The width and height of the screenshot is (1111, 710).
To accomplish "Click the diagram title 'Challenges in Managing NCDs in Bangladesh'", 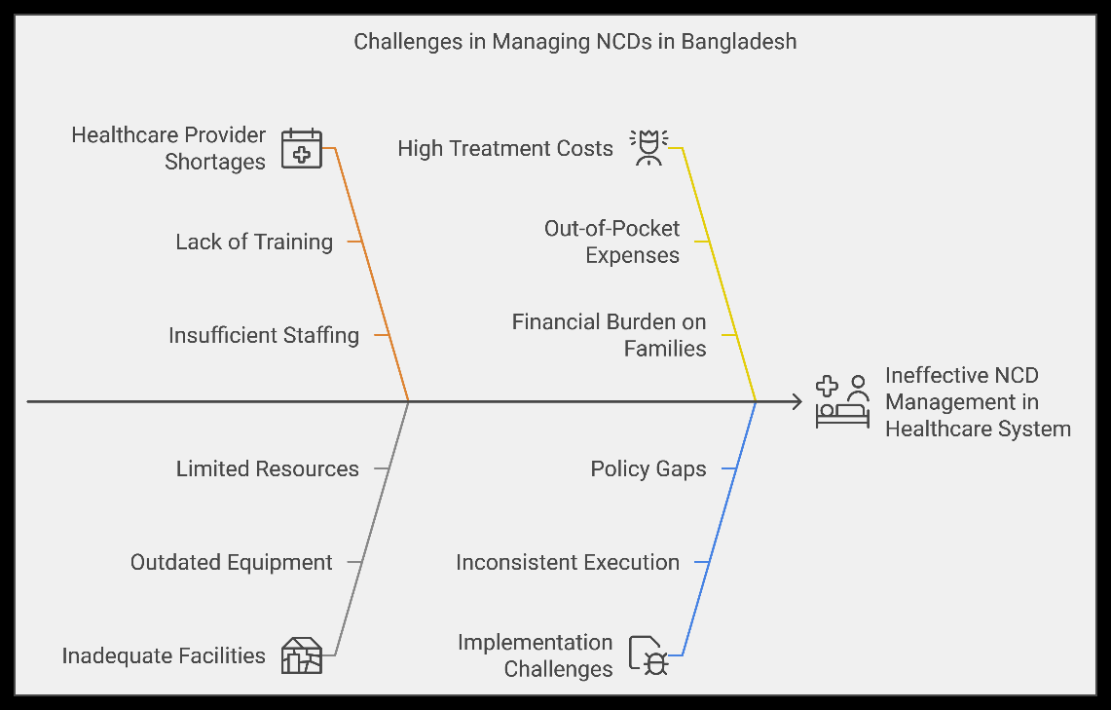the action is [574, 42].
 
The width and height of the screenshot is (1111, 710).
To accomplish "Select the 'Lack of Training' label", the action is [254, 242].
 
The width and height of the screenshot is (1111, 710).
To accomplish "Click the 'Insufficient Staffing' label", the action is [264, 335].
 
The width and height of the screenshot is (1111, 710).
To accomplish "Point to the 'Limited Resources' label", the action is [268, 468].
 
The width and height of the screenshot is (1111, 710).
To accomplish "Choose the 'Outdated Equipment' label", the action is [231, 562].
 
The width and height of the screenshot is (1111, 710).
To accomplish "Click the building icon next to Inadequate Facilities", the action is [302, 655].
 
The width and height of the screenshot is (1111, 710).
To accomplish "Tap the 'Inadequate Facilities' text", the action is [164, 655].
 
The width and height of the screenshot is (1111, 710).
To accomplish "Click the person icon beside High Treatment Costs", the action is [649, 147].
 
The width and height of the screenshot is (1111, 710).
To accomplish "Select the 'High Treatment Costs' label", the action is [505, 148].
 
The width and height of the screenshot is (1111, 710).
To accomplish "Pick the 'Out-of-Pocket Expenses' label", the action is [612, 242].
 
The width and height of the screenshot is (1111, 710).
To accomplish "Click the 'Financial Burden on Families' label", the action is [610, 335].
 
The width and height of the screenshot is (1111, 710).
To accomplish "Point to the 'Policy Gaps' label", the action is [648, 468].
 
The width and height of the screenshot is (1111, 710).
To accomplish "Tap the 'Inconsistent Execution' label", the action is [568, 562].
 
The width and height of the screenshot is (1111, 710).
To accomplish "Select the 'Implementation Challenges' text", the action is [536, 655].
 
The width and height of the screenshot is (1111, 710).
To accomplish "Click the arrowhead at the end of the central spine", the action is [797, 402].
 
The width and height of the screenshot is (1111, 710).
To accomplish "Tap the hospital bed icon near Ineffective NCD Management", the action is [842, 402].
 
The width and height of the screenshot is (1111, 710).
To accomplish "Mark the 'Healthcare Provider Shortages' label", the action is [168, 148].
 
